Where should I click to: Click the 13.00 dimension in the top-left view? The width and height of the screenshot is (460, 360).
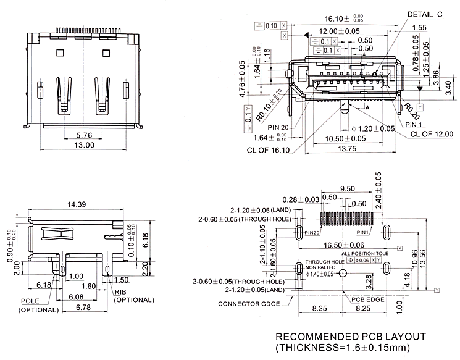(84, 145)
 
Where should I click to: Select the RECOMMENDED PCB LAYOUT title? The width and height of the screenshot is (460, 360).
(350, 337)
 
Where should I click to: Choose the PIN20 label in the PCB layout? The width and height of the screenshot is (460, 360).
(312, 232)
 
